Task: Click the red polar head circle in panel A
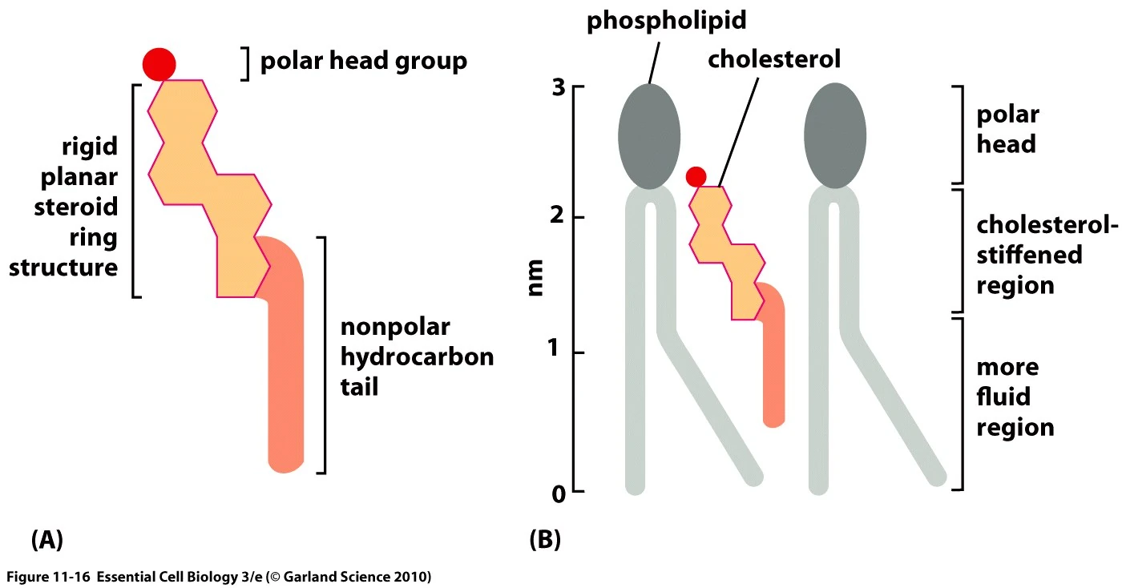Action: click(x=159, y=63)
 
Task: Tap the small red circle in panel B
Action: click(x=696, y=176)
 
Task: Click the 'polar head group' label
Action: click(x=363, y=62)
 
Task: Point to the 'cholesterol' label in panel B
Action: click(x=773, y=61)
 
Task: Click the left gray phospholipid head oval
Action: click(x=649, y=135)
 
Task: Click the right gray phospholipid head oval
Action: click(x=835, y=135)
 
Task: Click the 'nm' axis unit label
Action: click(x=536, y=277)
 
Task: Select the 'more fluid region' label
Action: click(x=1015, y=397)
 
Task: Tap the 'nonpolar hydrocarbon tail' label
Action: click(x=417, y=357)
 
